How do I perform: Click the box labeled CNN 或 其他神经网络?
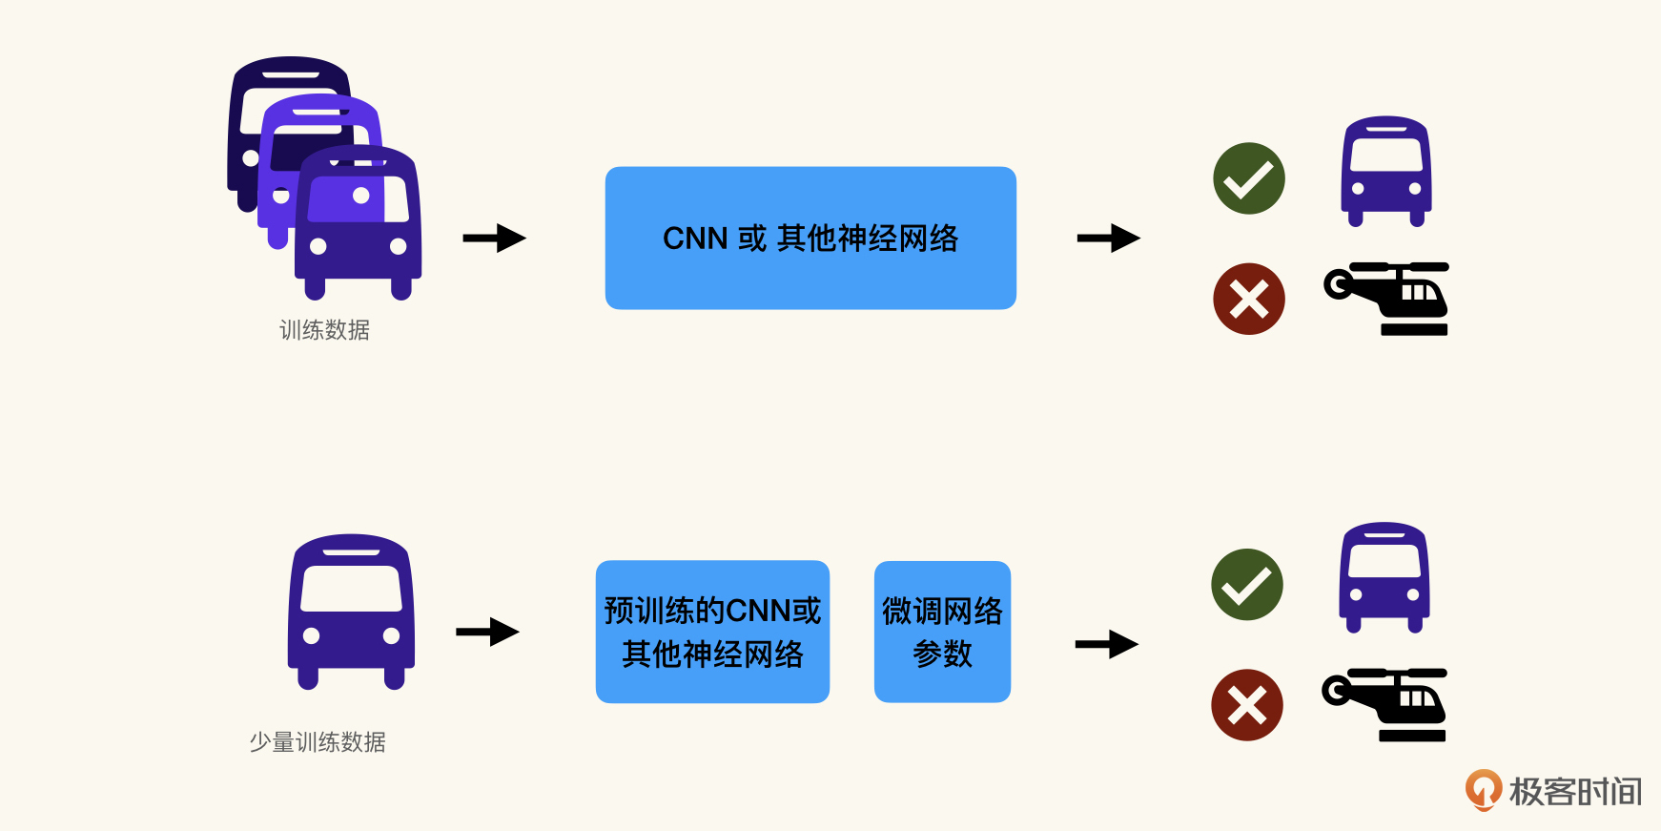[x=810, y=238]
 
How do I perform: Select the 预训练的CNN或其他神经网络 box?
[x=712, y=632]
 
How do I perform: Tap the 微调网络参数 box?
[x=942, y=632]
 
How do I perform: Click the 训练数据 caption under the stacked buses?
[x=324, y=330]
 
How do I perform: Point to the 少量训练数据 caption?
[x=318, y=742]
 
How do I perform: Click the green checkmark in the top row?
[x=1249, y=178]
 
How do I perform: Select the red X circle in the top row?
[x=1249, y=299]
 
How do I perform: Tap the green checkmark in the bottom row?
[x=1247, y=585]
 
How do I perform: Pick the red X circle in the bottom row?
[x=1247, y=705]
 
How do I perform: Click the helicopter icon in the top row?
[x=1388, y=299]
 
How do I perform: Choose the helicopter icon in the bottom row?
[x=1386, y=705]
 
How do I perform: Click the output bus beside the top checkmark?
[x=1386, y=172]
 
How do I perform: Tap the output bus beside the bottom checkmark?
[x=1384, y=577]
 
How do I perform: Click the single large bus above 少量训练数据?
[x=351, y=612]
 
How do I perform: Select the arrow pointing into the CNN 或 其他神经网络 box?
[x=494, y=238]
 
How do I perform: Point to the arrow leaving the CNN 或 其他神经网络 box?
[x=1108, y=238]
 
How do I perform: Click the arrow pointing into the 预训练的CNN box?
[x=487, y=632]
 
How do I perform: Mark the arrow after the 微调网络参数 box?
[x=1106, y=644]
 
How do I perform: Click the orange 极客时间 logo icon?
[x=1483, y=790]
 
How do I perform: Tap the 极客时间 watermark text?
[x=1575, y=792]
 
